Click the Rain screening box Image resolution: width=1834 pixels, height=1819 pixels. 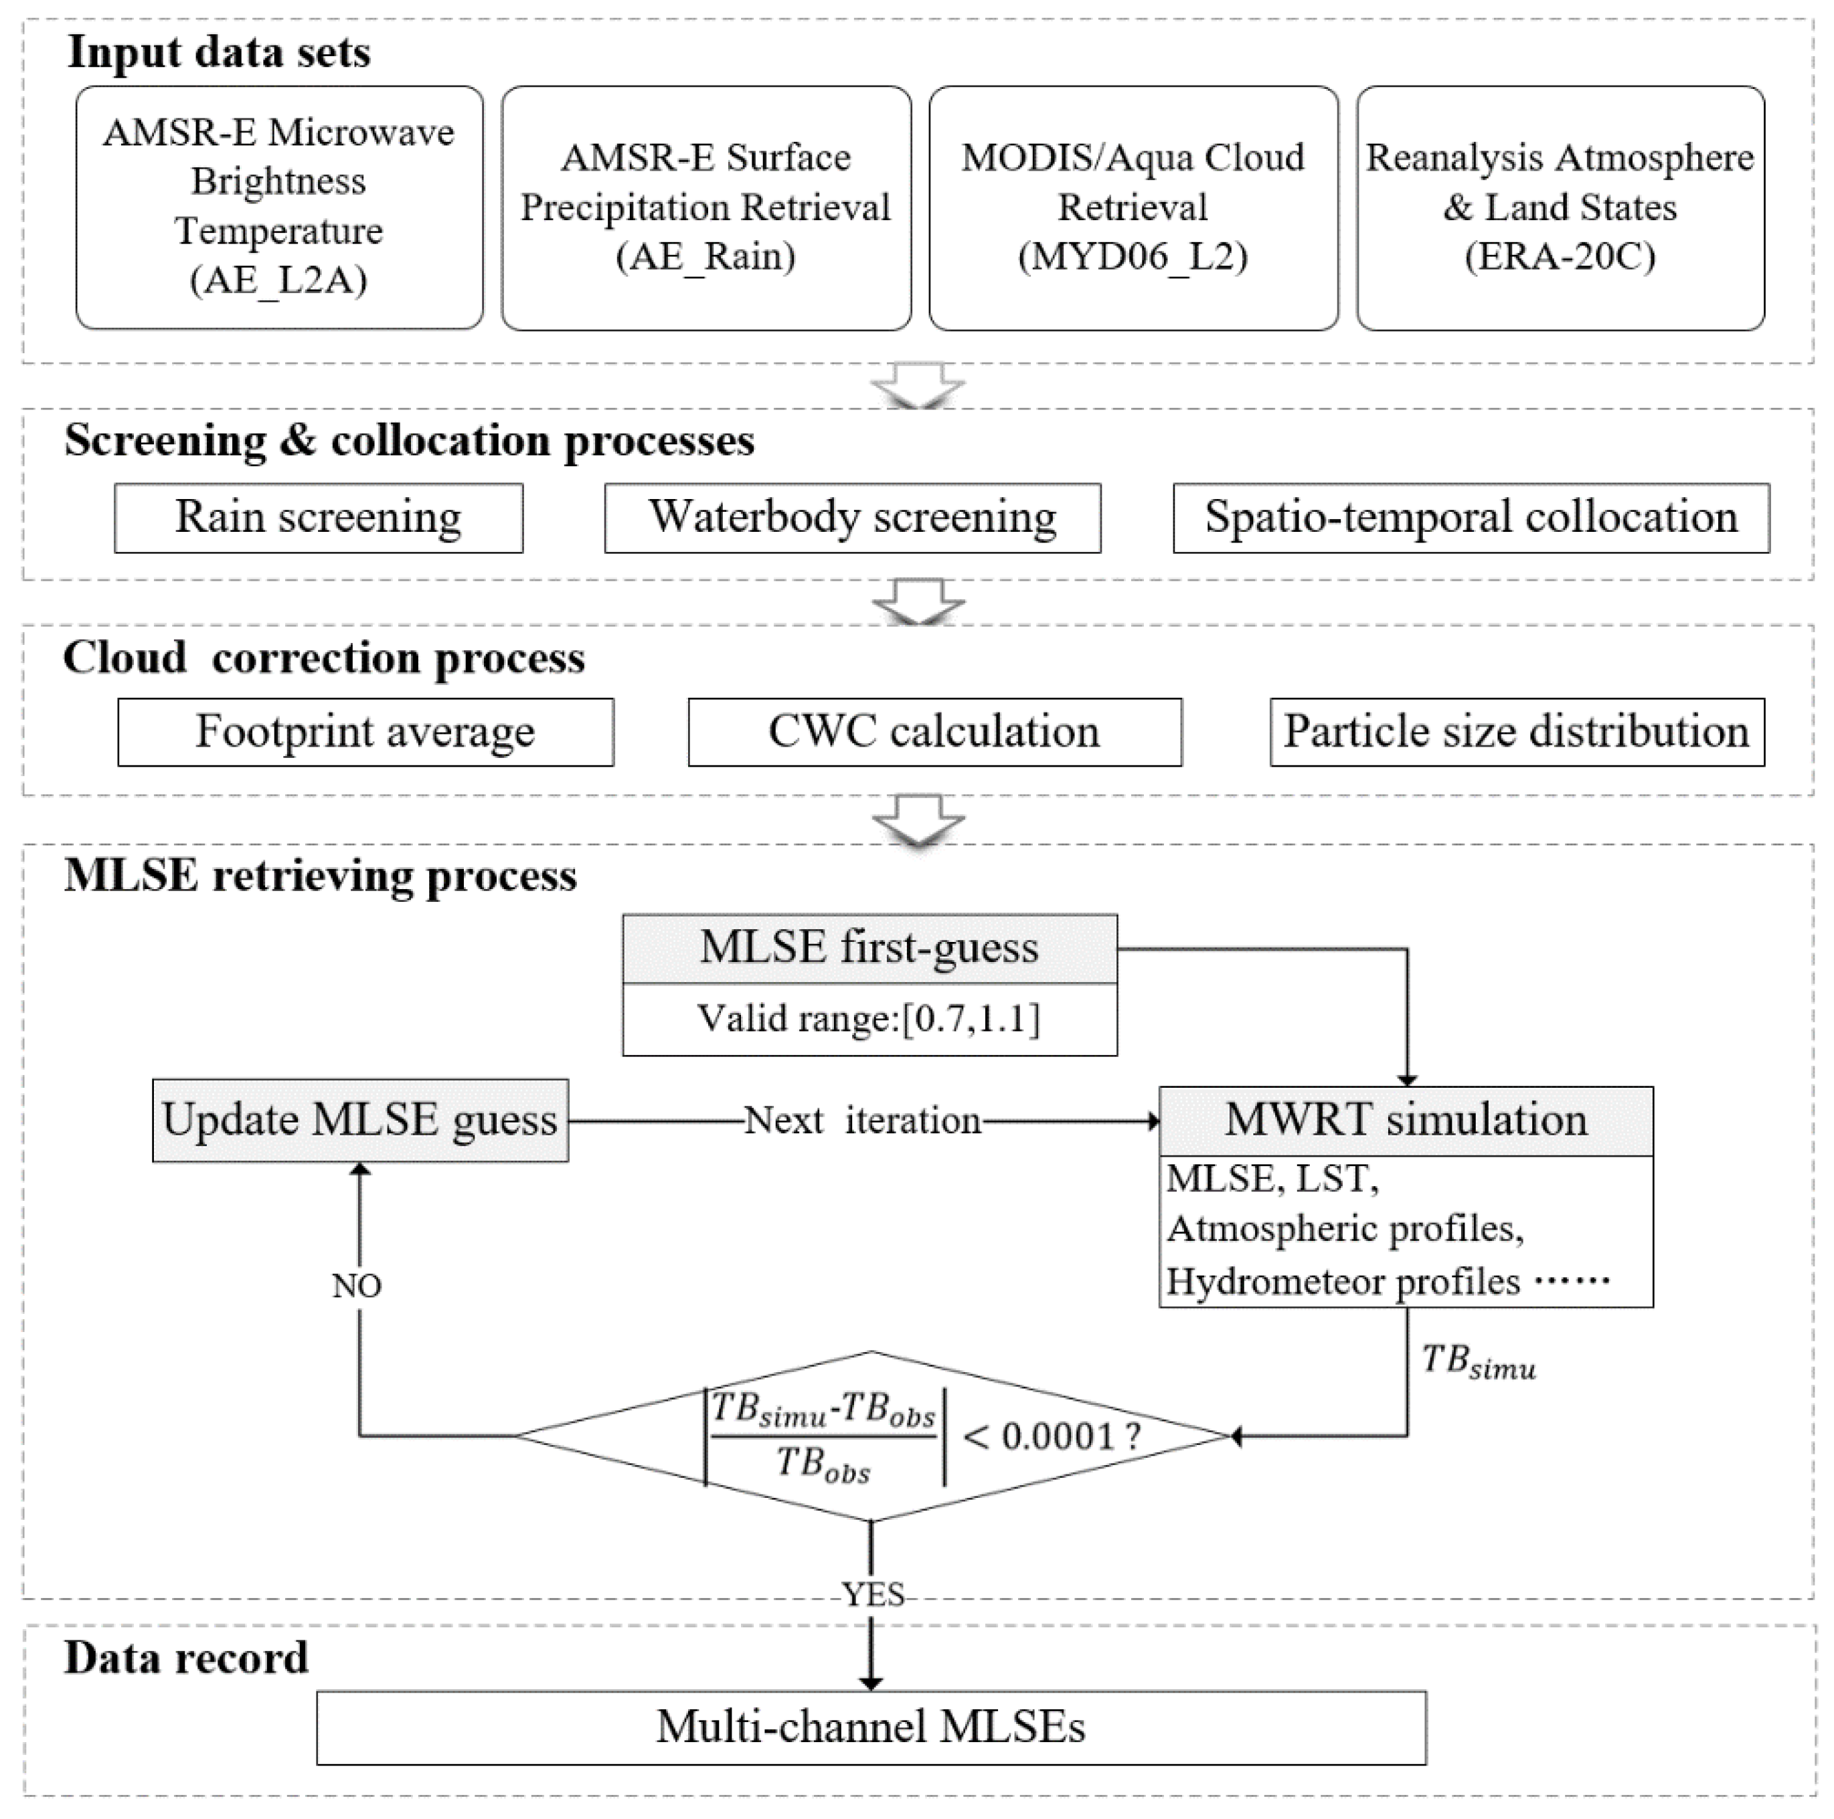pos(318,518)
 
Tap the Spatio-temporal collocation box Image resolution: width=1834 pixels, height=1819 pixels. pos(1471,518)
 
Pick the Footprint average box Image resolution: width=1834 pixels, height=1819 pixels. pos(365,733)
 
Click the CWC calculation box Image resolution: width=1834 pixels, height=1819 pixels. pos(934,733)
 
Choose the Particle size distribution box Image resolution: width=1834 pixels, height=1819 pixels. pos(1516,733)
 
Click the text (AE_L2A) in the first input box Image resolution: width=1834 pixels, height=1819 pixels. pos(278,280)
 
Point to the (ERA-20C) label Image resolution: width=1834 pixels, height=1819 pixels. pos(1560,256)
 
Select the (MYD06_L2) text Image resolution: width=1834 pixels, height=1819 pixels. pos(1133,256)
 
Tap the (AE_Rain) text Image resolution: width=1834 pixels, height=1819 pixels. pos(705,256)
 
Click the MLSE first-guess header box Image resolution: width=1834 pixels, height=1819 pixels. pos(869,948)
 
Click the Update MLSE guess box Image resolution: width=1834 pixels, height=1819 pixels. pos(360,1121)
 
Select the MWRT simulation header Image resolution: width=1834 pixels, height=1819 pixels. pos(1405,1121)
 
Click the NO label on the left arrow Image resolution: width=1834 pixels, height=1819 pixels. pos(357,1286)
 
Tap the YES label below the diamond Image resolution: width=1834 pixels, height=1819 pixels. pos(871,1594)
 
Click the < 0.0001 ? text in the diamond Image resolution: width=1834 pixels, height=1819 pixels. pos(1051,1436)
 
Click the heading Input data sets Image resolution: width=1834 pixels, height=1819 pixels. pos(218,52)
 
